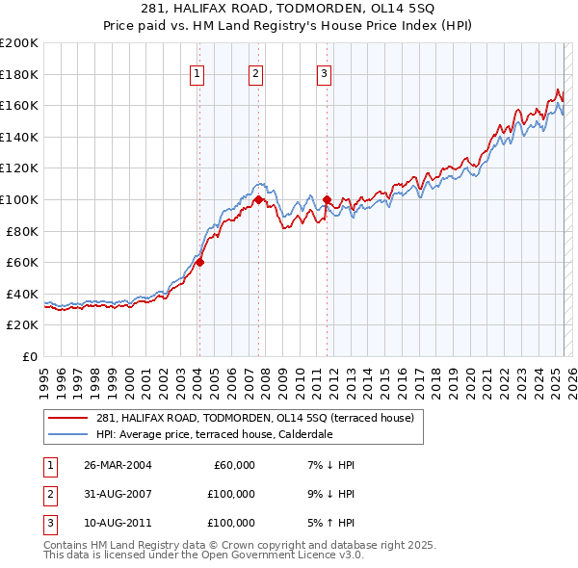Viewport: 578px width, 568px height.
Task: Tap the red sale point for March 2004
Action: point(199,262)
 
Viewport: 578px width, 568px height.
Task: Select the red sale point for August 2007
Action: point(259,199)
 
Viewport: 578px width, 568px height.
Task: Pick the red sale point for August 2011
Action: point(327,199)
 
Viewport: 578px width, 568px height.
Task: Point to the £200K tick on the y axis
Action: point(19,43)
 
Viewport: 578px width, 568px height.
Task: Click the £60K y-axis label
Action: point(22,262)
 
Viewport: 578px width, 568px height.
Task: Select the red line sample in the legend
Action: point(68,418)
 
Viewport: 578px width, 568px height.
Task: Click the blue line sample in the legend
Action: point(68,434)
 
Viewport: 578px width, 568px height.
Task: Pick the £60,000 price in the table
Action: point(233,465)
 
